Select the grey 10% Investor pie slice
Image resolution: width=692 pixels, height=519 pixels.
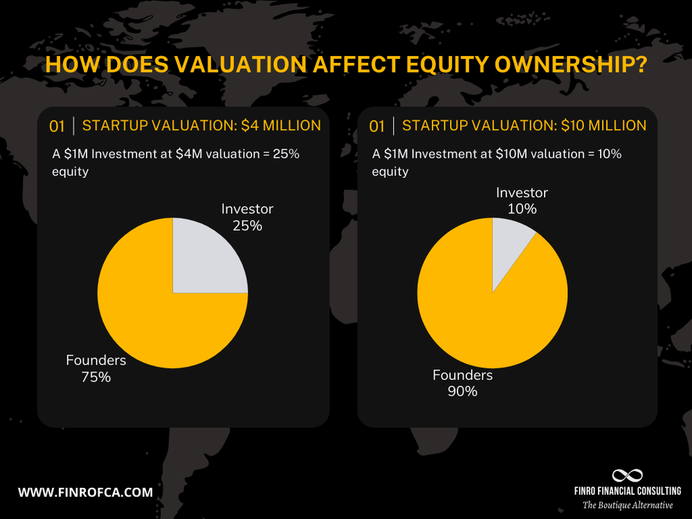coord(509,249)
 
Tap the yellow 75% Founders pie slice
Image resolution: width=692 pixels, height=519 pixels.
coord(152,318)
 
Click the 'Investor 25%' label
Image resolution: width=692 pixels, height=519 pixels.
coord(247,217)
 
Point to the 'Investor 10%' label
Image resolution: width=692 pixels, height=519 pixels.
coord(522,201)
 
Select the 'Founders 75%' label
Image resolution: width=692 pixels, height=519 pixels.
coord(96,368)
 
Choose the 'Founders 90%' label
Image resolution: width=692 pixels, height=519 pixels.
coord(462,383)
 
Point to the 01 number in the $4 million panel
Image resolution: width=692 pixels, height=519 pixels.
coord(57,127)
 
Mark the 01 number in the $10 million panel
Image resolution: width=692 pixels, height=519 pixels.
coord(377,127)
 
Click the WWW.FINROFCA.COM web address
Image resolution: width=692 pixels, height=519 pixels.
coord(85,493)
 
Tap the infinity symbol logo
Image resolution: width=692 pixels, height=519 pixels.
coord(627,475)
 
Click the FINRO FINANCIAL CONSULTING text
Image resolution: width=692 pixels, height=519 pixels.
coord(627,491)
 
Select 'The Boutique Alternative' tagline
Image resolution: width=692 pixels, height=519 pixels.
coord(627,505)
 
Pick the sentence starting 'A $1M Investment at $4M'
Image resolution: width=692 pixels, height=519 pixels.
coord(176,154)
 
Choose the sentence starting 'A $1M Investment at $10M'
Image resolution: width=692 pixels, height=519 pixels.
coord(496,154)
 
